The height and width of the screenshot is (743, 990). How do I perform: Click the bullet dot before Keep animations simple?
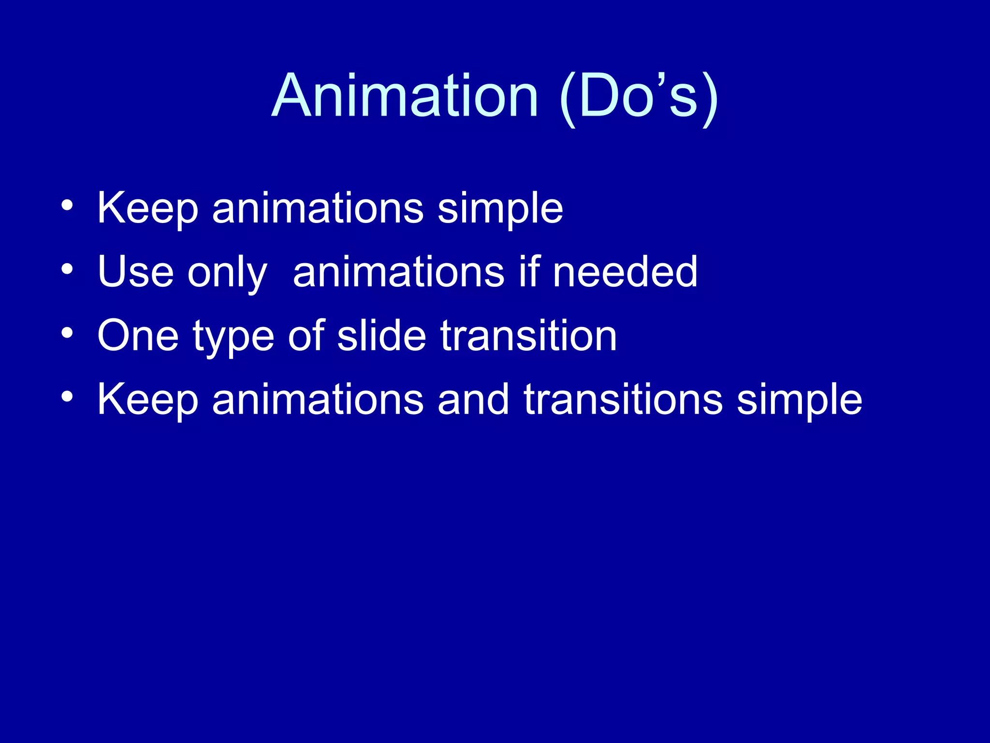click(67, 206)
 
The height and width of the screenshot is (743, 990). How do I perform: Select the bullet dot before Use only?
click(67, 269)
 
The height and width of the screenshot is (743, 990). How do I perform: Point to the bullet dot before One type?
click(67, 333)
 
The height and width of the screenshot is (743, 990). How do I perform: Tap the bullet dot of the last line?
click(67, 397)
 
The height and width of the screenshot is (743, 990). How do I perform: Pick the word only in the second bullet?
click(227, 273)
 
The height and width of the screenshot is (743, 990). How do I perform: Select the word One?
click(138, 336)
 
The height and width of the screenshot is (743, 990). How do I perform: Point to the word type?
click(234, 338)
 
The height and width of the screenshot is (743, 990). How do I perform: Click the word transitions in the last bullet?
click(623, 400)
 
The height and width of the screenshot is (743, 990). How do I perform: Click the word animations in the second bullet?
click(398, 272)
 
